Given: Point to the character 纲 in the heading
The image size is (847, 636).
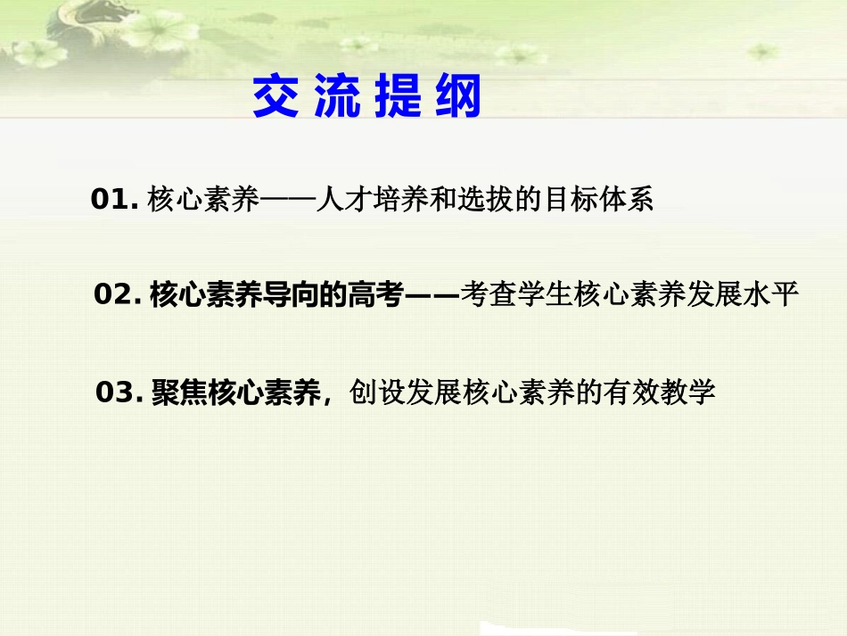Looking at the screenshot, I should tap(456, 96).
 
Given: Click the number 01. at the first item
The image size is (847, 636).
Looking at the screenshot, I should tap(114, 201).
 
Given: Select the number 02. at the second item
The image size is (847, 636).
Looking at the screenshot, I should tap(117, 295).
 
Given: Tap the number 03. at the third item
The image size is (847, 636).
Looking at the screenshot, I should tap(119, 392).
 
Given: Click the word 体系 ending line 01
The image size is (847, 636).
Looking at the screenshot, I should tap(630, 201).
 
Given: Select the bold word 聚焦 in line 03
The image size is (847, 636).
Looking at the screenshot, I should tap(180, 392).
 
